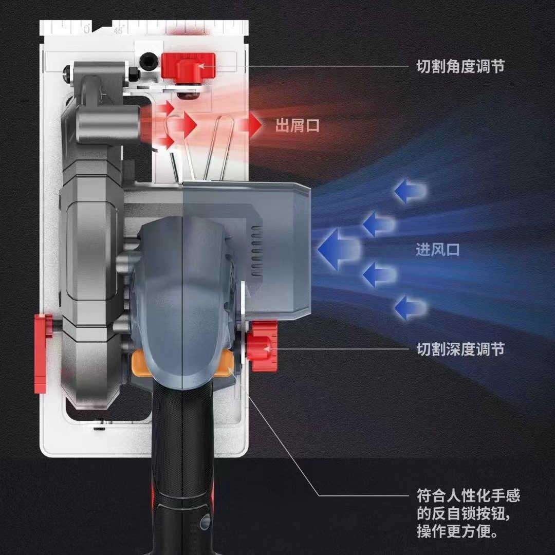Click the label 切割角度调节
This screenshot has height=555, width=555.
(460, 66)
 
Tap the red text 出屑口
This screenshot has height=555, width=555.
(298, 125)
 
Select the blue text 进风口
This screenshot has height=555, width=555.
(437, 250)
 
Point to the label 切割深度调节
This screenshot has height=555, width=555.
(460, 349)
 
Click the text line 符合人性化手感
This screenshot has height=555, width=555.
(468, 495)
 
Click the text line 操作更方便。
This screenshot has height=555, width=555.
(457, 531)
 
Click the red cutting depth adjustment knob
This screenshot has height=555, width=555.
(262, 346)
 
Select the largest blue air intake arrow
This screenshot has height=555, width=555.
(339, 249)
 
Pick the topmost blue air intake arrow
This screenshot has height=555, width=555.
(410, 191)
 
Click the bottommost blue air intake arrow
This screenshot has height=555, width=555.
(410, 308)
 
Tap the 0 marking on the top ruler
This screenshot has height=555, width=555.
(87, 29)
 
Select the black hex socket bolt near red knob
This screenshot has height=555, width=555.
(149, 61)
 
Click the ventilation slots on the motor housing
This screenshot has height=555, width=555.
(256, 251)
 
